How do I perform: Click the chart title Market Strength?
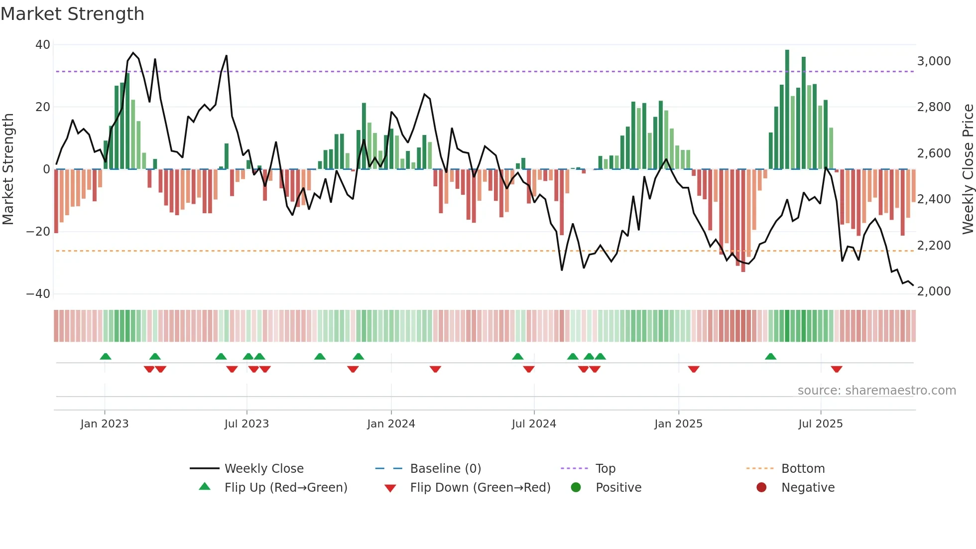[73, 14]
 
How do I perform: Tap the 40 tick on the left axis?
[43, 45]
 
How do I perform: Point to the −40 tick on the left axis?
[38, 294]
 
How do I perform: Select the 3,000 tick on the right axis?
[934, 61]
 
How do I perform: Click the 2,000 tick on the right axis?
[934, 291]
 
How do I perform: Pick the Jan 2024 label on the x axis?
[391, 424]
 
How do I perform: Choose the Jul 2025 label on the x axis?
[820, 424]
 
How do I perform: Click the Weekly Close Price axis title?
[968, 169]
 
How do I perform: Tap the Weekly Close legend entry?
[264, 469]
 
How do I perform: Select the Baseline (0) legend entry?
[445, 469]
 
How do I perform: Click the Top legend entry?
[606, 469]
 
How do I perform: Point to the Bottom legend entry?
[803, 469]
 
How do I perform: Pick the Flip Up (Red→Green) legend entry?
[286, 488]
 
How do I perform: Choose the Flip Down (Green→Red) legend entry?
[480, 488]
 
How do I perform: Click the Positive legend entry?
[618, 488]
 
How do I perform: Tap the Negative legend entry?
[808, 488]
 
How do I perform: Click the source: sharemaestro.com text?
[876, 391]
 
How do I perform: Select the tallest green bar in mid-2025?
[787, 110]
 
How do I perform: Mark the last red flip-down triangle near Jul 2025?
[837, 369]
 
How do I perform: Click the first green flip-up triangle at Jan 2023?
[106, 356]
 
